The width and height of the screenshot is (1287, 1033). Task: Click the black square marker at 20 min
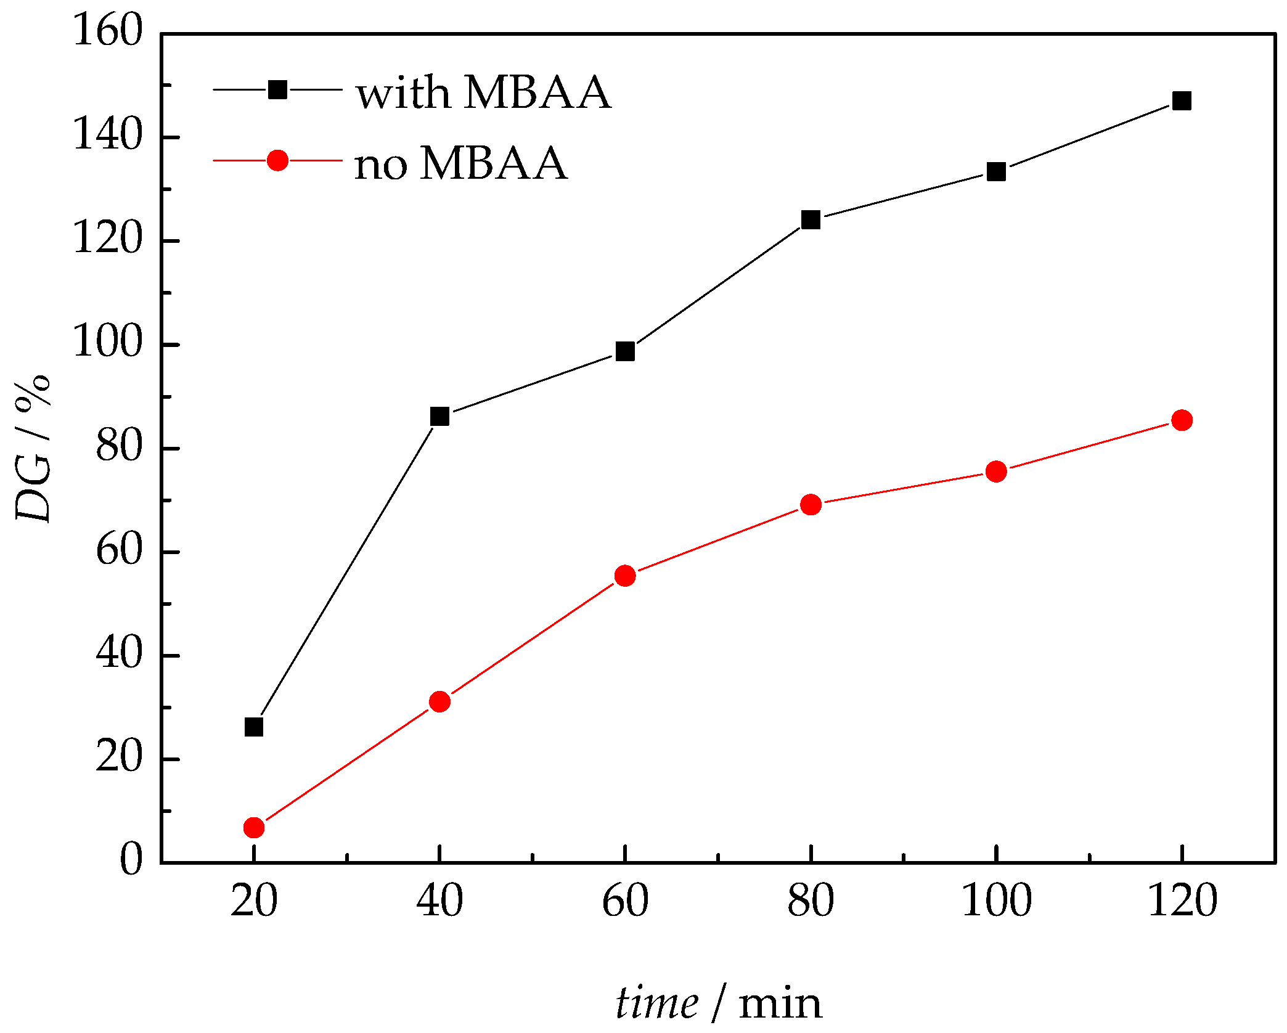tap(254, 727)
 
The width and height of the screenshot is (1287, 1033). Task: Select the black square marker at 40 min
tap(439, 417)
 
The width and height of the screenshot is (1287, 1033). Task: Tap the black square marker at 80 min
tap(811, 219)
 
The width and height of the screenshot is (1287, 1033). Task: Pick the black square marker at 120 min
tap(1182, 100)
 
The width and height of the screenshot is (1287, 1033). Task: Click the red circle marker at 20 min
tap(254, 827)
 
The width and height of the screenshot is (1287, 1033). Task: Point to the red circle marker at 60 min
tap(625, 576)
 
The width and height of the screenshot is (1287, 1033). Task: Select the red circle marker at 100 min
tap(996, 472)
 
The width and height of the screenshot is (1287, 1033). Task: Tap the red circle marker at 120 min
tap(1182, 420)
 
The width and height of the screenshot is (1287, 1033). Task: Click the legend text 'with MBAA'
tap(483, 93)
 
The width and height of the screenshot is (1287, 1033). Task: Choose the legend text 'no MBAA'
tap(460, 164)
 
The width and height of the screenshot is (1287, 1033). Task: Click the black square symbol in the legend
tap(277, 90)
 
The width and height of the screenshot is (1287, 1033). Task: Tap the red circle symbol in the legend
tap(277, 160)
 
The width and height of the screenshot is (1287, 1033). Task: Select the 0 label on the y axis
tap(131, 859)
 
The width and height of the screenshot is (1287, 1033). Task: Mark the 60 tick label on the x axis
tap(625, 900)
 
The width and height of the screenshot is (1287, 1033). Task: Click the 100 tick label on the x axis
tap(996, 900)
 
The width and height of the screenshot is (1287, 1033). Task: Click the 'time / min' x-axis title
tap(718, 1002)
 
